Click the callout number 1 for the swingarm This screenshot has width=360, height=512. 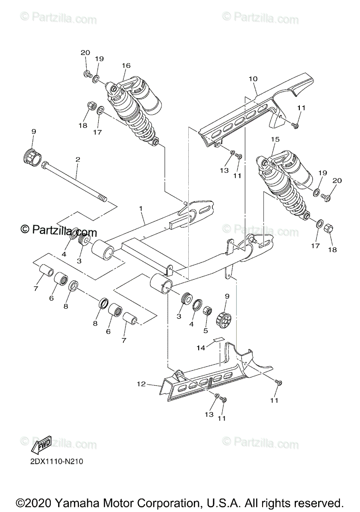pyautogui.click(x=141, y=209)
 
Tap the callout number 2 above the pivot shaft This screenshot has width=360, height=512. pyautogui.click(x=78, y=159)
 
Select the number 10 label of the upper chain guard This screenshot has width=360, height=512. pyautogui.click(x=253, y=79)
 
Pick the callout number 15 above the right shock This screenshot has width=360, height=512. pyautogui.click(x=275, y=139)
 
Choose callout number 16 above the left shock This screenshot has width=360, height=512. pyautogui.click(x=126, y=65)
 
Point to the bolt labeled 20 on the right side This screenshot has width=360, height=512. pyautogui.click(x=325, y=196)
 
